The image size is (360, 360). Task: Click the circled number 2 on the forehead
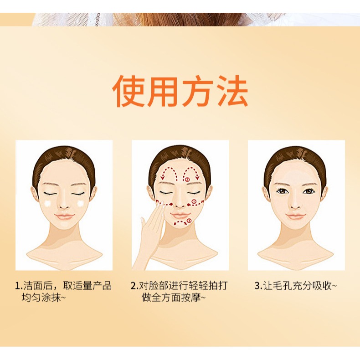[x=187, y=180]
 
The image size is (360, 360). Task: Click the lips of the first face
[x=64, y=216]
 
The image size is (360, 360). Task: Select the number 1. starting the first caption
[x=18, y=286]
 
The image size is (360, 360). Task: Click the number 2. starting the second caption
[x=134, y=286]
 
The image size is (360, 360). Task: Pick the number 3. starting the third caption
[x=258, y=286]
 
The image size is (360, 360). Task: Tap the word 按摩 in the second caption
[x=191, y=298]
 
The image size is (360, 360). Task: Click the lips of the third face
[x=296, y=216]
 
